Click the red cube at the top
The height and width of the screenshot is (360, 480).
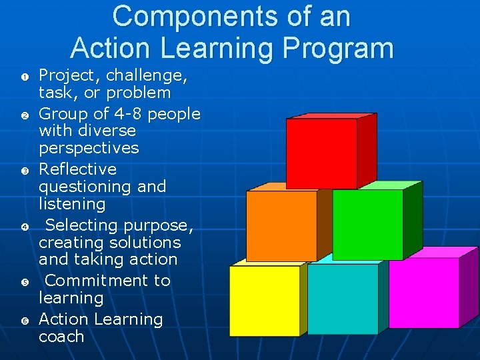[x=323, y=154]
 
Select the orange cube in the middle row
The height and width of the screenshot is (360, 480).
[x=281, y=225]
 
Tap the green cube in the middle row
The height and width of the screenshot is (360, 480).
[x=367, y=225]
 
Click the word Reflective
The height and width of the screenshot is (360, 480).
[x=77, y=169]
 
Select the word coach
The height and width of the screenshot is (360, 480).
[x=61, y=337]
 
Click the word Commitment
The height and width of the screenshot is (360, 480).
[x=108, y=281]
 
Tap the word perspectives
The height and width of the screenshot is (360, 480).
[x=89, y=148]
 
